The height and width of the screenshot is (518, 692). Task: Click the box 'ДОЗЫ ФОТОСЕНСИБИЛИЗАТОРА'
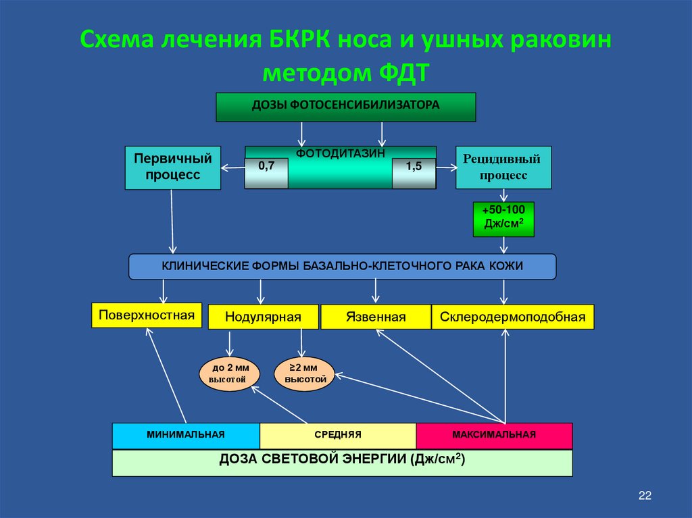(x=345, y=107)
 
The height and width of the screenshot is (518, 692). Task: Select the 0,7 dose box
(x=266, y=173)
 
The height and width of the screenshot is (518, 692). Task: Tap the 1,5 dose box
(x=414, y=173)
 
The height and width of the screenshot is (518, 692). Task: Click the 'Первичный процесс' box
(x=172, y=167)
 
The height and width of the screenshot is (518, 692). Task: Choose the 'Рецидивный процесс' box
(x=503, y=167)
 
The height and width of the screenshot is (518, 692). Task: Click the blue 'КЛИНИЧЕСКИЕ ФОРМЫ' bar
(x=342, y=266)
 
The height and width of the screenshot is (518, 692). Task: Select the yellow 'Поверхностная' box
(x=147, y=315)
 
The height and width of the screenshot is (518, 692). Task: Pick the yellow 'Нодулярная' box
(x=263, y=316)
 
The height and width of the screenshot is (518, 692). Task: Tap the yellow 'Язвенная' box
(x=375, y=316)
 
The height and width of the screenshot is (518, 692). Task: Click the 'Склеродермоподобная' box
(x=512, y=316)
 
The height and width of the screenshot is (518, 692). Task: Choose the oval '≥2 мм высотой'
(x=303, y=373)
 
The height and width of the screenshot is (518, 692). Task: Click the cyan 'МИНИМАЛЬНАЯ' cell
(x=186, y=435)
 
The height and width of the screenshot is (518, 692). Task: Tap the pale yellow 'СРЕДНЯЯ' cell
(x=338, y=435)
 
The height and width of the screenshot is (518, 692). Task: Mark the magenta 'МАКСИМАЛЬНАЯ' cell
(x=494, y=435)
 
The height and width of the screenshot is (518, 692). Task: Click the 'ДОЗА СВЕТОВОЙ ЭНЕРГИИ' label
(x=342, y=460)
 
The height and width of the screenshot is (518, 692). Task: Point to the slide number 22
(x=644, y=496)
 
